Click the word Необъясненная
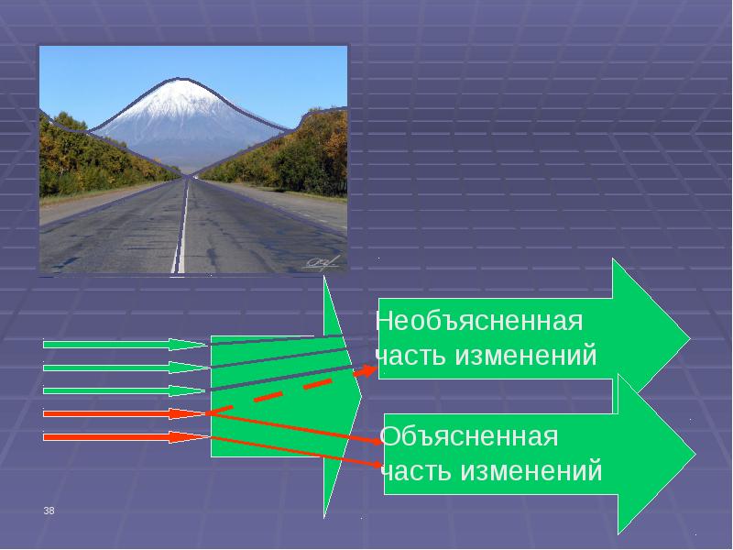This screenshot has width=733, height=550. point(479,322)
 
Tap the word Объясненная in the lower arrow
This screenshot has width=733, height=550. point(469,436)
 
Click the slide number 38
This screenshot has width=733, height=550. point(49,510)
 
